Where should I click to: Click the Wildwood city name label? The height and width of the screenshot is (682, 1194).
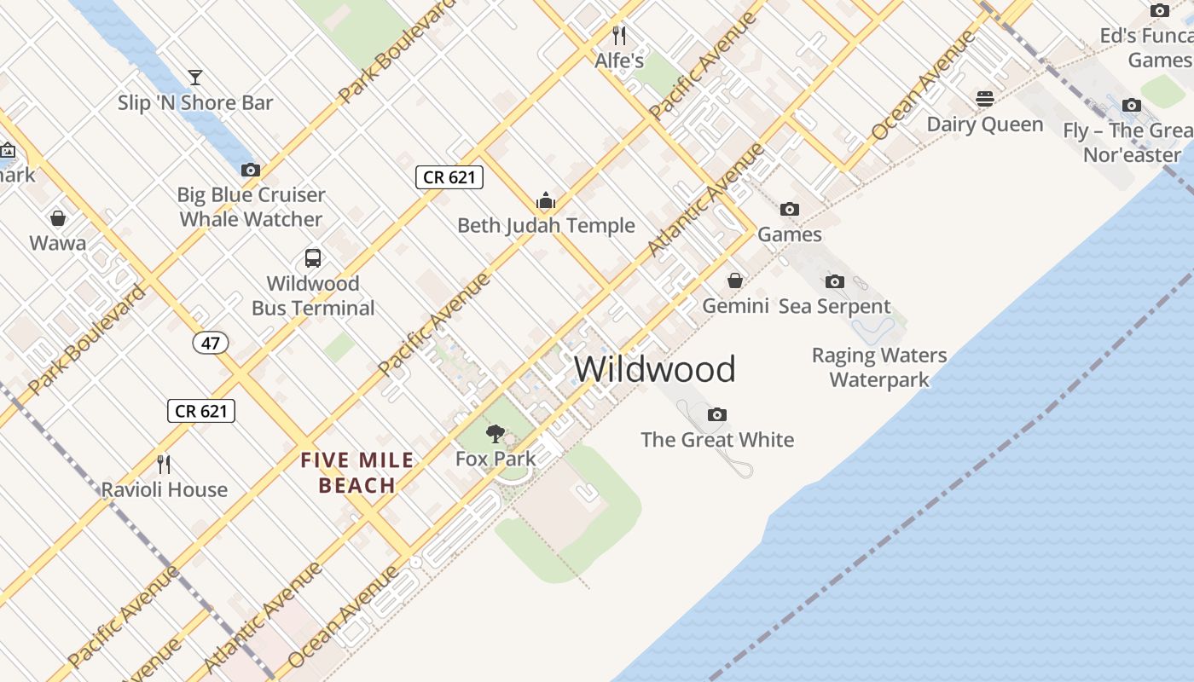(x=654, y=369)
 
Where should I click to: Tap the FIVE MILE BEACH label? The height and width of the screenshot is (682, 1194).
(x=356, y=473)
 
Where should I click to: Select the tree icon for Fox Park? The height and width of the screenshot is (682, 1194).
(x=495, y=434)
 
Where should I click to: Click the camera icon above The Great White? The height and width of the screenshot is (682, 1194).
(x=717, y=414)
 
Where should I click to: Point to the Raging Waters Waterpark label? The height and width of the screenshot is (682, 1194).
(x=879, y=367)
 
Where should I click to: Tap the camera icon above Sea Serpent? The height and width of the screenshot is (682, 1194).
(x=835, y=281)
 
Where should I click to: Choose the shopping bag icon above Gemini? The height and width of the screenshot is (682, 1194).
(x=734, y=280)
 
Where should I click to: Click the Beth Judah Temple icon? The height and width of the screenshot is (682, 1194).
(x=546, y=201)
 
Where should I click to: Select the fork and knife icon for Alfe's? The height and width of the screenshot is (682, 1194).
(x=619, y=36)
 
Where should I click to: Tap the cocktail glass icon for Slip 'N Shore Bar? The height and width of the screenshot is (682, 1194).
(x=195, y=78)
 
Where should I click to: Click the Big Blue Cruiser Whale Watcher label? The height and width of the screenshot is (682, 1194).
(x=251, y=207)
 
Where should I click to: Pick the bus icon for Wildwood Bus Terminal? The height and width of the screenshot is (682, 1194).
(x=313, y=258)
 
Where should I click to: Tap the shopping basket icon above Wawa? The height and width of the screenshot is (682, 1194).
(x=58, y=218)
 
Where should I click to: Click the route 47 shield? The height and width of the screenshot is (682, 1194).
(x=210, y=343)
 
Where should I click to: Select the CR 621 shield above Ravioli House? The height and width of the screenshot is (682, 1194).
(x=200, y=411)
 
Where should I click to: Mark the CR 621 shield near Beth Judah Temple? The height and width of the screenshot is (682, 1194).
(x=449, y=177)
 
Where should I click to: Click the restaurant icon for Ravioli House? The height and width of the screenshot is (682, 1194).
(x=164, y=465)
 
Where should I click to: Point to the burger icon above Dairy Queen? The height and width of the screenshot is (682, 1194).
(x=985, y=99)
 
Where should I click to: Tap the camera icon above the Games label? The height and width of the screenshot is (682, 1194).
(x=790, y=209)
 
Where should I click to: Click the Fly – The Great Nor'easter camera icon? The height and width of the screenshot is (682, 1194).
(x=1132, y=106)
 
